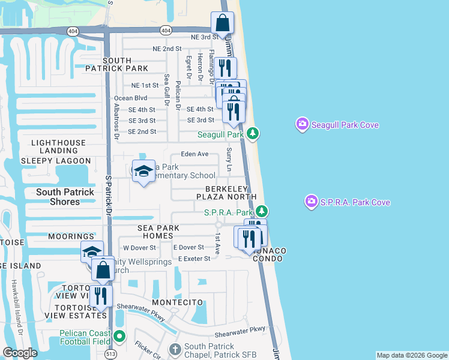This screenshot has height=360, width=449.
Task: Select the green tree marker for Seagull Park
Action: click(253, 133)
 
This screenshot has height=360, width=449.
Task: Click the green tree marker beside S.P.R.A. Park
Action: click(261, 211)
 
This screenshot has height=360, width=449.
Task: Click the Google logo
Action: click(20, 353)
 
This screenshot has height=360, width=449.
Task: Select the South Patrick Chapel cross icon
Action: click(175, 349)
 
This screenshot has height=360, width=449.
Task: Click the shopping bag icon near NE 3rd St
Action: click(222, 24)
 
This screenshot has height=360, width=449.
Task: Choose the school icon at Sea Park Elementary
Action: click(143, 172)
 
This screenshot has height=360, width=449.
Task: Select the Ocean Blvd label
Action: click(130, 98)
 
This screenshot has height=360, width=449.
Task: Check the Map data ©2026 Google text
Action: click(411, 355)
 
